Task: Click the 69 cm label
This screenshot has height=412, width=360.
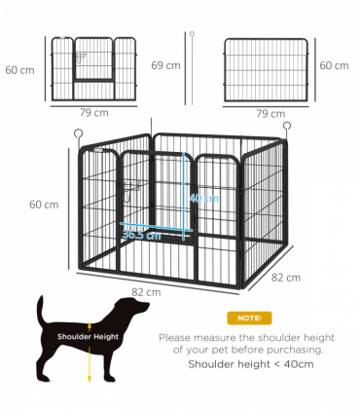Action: pos(166,65)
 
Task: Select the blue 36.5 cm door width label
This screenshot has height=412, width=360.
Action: pos(140,235)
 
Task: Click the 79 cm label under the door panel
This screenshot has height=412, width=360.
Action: pos(94,113)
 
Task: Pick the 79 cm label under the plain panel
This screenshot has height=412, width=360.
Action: pos(270,114)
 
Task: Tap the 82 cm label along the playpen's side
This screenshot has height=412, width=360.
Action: pos(286,278)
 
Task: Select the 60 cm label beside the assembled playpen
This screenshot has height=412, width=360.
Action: pos(43,205)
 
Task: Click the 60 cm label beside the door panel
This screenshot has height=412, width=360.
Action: pos(18,69)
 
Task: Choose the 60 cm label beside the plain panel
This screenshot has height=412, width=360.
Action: pos(334,65)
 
